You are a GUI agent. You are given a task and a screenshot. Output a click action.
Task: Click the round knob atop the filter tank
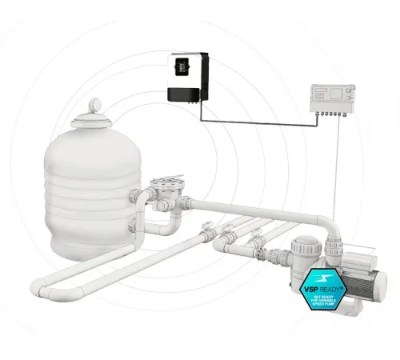coord(95,104)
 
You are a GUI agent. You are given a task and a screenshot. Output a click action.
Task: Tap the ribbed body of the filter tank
coord(88,192)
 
